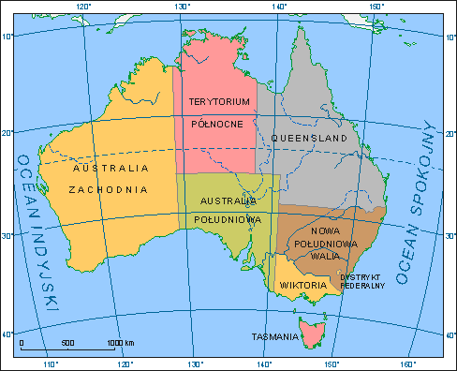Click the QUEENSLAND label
coord(309,139)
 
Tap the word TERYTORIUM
coord(219,101)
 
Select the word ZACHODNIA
coord(111,188)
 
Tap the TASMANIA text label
coord(274,335)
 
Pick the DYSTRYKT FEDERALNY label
coord(361,281)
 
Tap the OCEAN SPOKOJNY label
coord(418,201)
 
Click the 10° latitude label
coord(6,37)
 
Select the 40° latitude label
coord(6,334)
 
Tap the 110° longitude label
coord(52,364)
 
